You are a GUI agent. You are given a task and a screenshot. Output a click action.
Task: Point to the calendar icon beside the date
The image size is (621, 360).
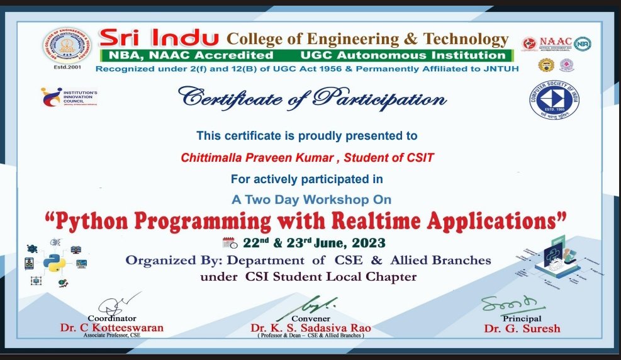[x=230, y=243]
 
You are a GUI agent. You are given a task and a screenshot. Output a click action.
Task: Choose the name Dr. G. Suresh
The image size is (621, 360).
[x=522, y=329]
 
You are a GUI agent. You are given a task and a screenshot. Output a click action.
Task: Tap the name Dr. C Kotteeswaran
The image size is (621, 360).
[x=111, y=328]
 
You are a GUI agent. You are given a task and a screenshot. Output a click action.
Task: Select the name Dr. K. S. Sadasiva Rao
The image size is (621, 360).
[x=310, y=329]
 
